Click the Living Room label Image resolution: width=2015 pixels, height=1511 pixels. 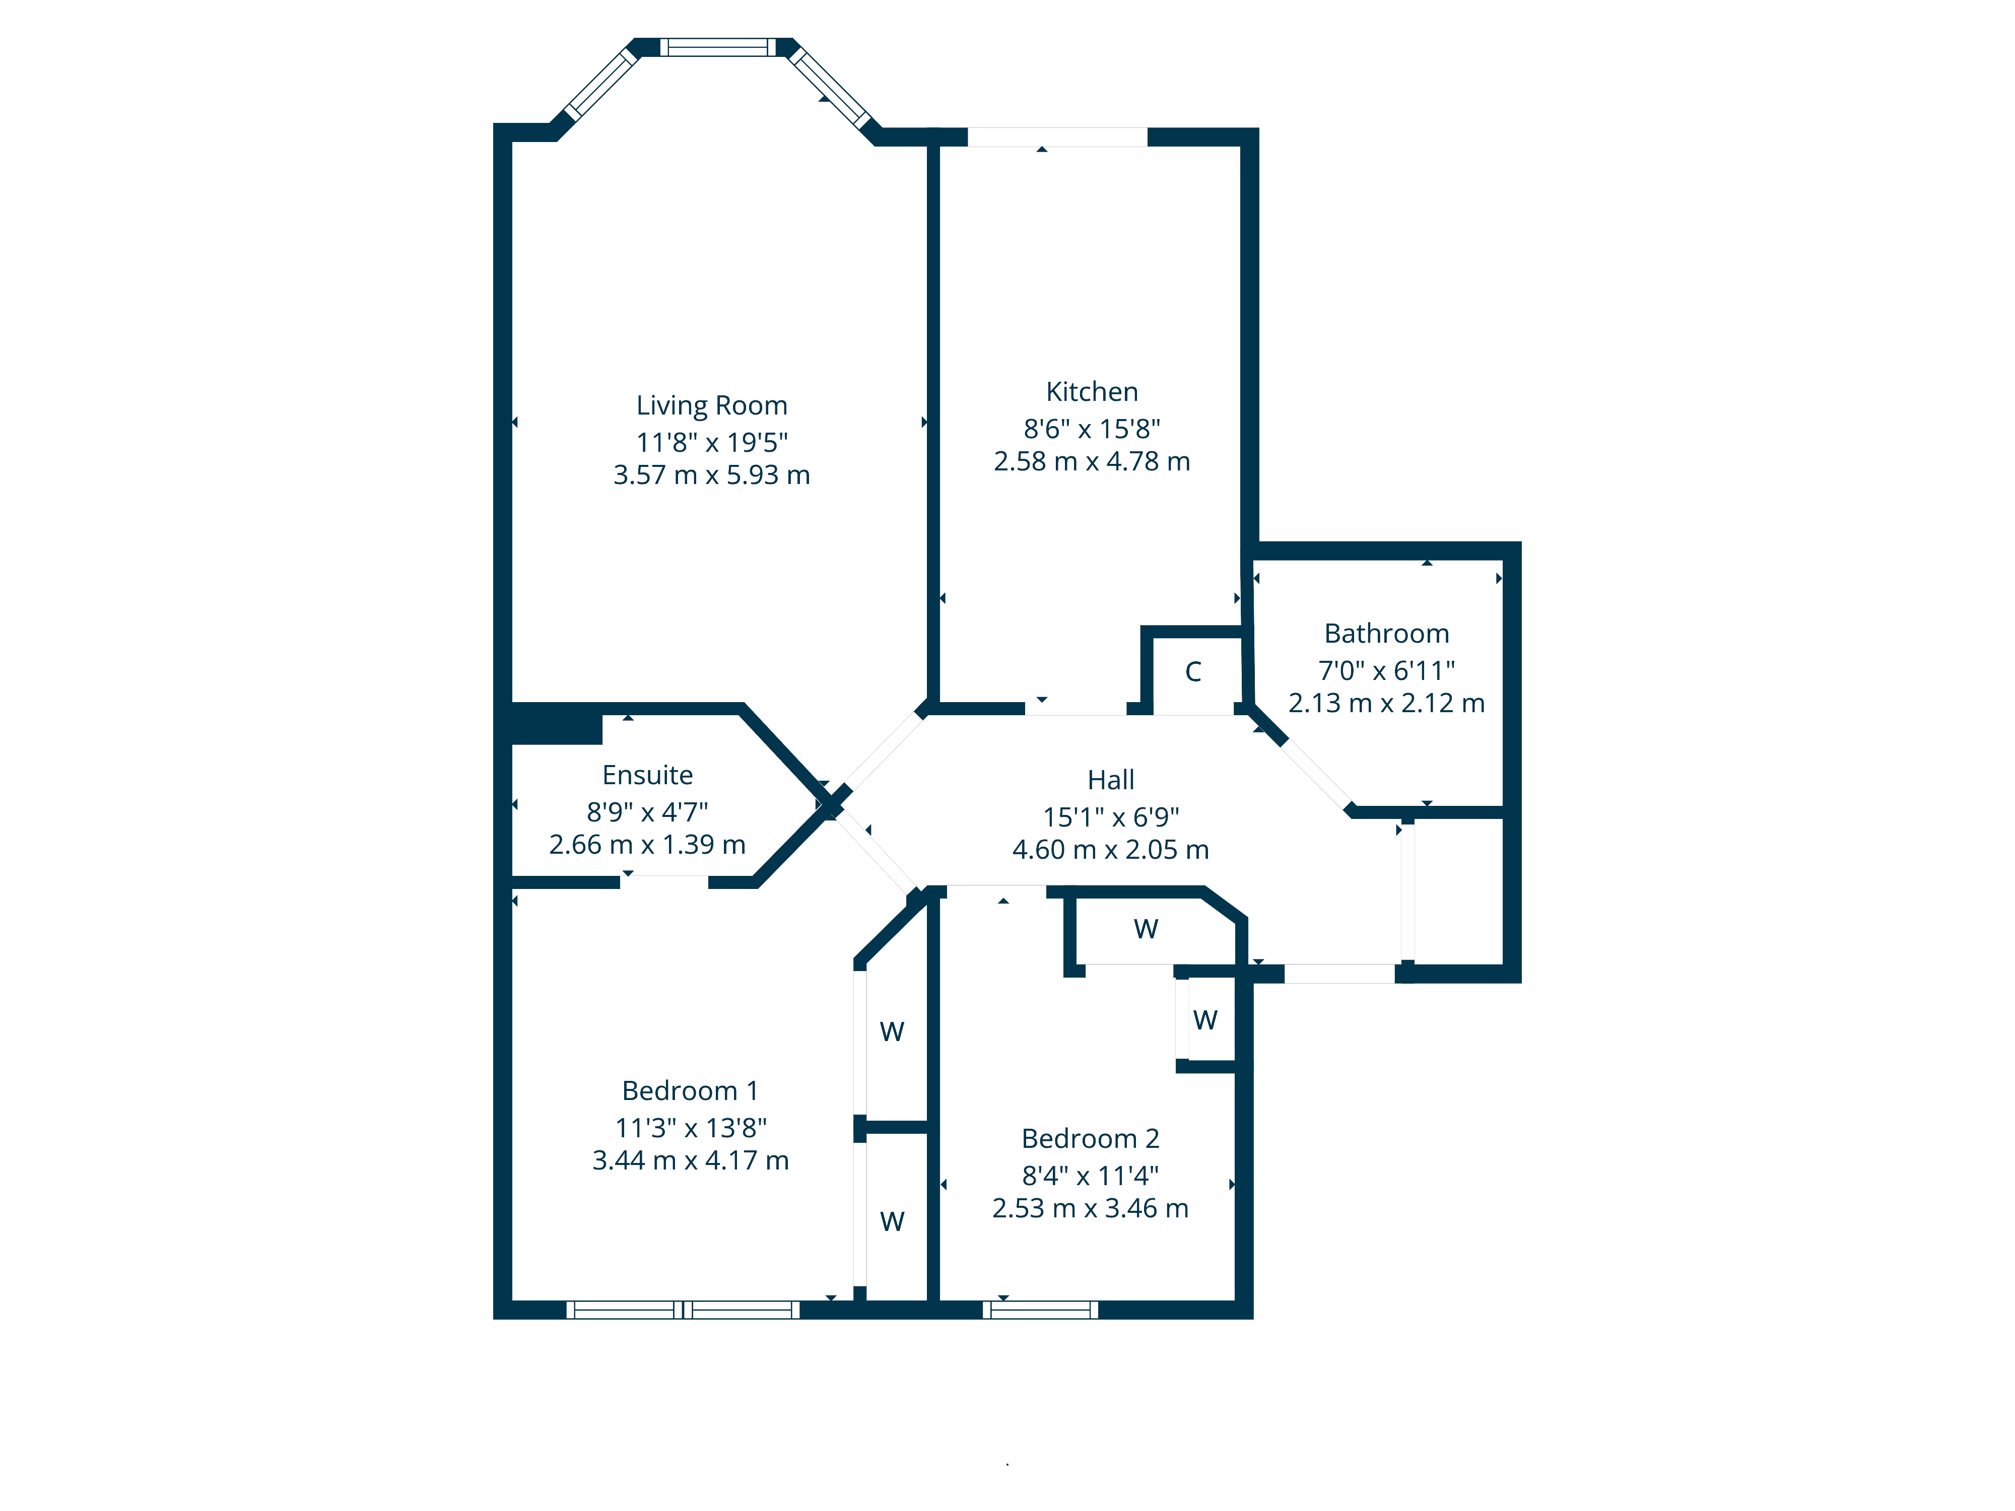pos(711,405)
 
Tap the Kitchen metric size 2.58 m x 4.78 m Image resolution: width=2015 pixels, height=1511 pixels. pos(1091,462)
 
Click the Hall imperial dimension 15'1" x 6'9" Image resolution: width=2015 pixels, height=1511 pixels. pos(1110,817)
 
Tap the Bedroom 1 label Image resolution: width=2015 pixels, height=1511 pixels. pos(690,1090)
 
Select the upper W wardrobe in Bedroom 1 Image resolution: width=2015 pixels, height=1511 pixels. pos(892,1032)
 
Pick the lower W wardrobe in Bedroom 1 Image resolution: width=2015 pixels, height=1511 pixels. pos(892,1221)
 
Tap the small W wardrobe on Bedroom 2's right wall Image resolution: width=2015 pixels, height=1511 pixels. pos(1204,1020)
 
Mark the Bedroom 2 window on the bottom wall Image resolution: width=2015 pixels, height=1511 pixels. pos(1040,1310)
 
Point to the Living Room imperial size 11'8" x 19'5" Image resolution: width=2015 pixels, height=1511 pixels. pos(711,443)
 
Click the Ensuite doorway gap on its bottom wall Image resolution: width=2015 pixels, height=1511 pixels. pos(664,881)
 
